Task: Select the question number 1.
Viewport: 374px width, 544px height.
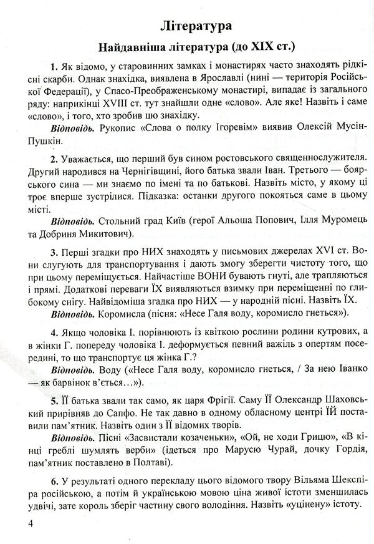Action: click(x=55, y=67)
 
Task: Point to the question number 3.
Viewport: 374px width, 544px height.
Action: click(x=55, y=251)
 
